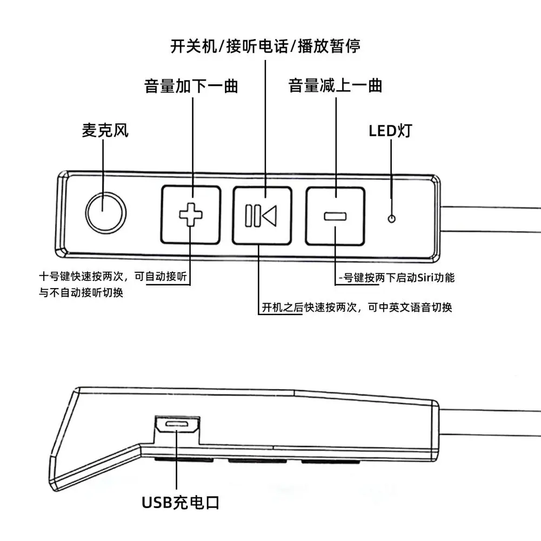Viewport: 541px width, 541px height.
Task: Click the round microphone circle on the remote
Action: [x=106, y=211]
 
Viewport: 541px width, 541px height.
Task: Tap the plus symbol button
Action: [x=190, y=215]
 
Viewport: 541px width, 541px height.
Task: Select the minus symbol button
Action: [x=335, y=216]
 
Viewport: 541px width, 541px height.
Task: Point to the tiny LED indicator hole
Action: [x=392, y=218]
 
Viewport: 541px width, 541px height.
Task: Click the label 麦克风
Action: [x=105, y=131]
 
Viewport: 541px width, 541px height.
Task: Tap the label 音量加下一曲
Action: [x=191, y=86]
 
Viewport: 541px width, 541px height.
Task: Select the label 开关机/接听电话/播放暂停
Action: [x=265, y=46]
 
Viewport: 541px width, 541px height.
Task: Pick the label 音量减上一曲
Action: [x=335, y=86]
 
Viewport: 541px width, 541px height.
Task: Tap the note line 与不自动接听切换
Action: [x=85, y=292]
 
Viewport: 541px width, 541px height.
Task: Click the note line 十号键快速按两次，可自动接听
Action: [x=113, y=277]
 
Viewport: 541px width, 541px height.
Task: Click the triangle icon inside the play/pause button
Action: [x=269, y=215]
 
